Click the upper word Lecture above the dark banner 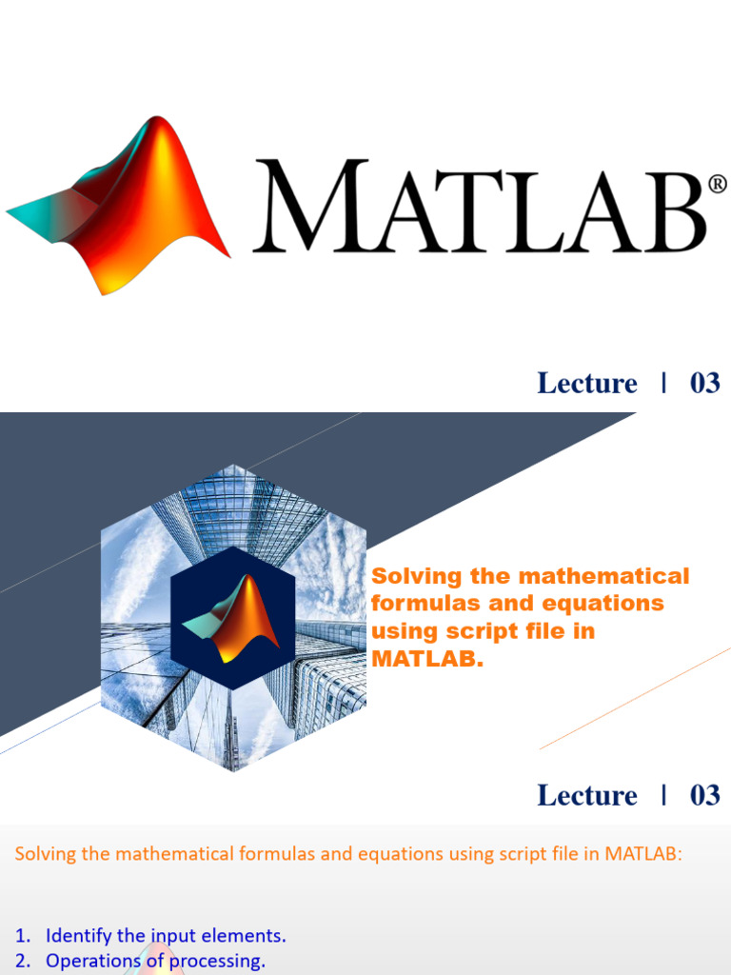tap(586, 384)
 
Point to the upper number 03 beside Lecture tap(704, 384)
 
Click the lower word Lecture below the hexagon tap(586, 796)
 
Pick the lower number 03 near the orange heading tap(704, 796)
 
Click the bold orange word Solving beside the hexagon tap(416, 576)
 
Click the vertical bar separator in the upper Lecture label tap(662, 383)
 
